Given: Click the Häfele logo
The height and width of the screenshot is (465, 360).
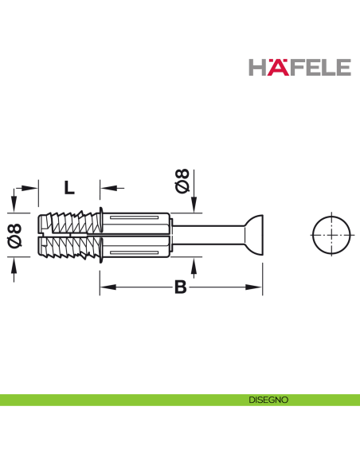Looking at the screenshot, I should point(299,67).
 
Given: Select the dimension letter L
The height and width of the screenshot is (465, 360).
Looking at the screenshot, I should point(69,188).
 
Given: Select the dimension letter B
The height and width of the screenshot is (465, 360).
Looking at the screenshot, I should point(180,287).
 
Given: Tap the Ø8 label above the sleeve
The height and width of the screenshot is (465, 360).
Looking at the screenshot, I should point(182,181).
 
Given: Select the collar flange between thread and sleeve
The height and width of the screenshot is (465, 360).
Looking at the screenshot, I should point(100,236).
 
